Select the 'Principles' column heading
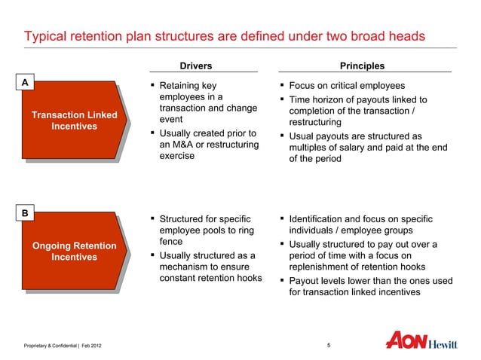[363, 66]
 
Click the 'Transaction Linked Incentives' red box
[74, 121]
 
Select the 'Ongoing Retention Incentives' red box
[74, 252]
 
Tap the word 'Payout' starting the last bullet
[307, 281]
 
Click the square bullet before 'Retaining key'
[153, 85]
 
